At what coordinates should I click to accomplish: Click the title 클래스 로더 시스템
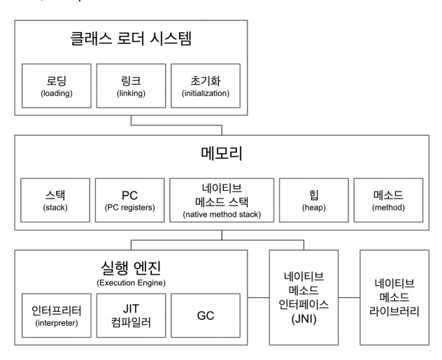[131, 39]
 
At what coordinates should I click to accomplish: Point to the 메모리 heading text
[221, 153]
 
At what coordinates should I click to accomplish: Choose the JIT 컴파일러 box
[131, 315]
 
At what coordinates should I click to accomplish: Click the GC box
[205, 315]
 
